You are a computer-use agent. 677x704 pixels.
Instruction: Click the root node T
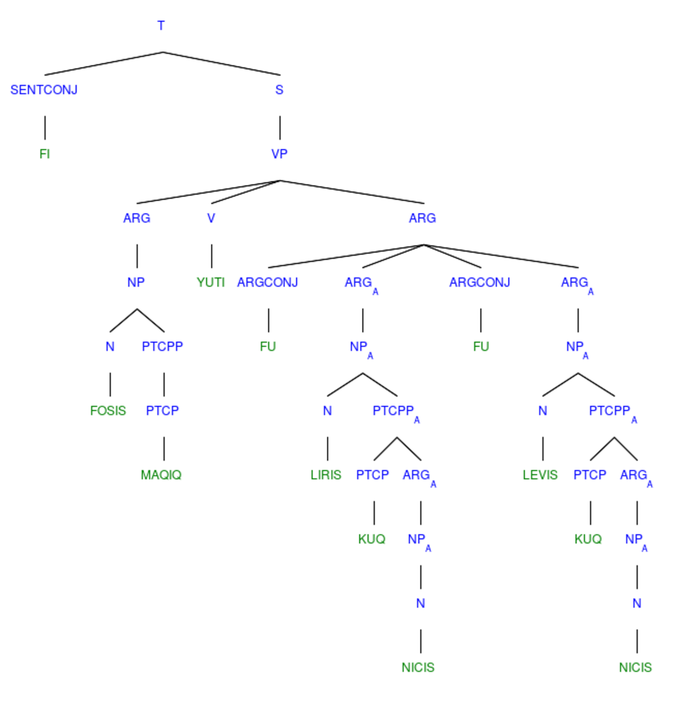click(x=161, y=26)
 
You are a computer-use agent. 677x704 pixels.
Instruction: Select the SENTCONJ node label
click(x=44, y=90)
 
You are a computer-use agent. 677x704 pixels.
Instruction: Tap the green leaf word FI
click(x=45, y=154)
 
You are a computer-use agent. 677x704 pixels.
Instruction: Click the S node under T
click(x=279, y=90)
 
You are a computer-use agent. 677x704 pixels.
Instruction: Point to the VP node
click(x=279, y=154)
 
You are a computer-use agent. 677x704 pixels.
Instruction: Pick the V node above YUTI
click(x=211, y=218)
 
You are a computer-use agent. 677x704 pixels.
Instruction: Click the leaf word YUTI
click(x=211, y=282)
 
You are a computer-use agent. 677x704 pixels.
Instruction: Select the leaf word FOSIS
click(x=108, y=410)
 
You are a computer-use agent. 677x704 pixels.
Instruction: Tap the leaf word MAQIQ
click(x=161, y=475)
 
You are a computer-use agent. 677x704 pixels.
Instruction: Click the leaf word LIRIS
click(x=326, y=475)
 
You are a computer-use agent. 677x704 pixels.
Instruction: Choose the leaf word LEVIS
click(x=540, y=475)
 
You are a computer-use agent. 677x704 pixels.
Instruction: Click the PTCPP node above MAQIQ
click(x=162, y=346)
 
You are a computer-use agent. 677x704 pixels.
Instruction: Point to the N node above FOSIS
click(x=110, y=346)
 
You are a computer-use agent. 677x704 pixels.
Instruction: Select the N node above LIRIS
click(x=327, y=410)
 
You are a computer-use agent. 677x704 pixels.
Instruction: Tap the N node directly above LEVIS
click(x=543, y=410)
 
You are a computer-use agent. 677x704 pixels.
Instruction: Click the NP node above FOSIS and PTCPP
click(x=136, y=282)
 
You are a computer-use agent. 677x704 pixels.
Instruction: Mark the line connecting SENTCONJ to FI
click(x=45, y=128)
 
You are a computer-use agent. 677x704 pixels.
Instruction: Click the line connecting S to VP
click(x=280, y=128)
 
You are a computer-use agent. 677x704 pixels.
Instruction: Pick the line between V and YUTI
click(x=212, y=256)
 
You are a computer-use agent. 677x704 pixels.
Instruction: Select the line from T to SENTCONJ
click(x=104, y=64)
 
